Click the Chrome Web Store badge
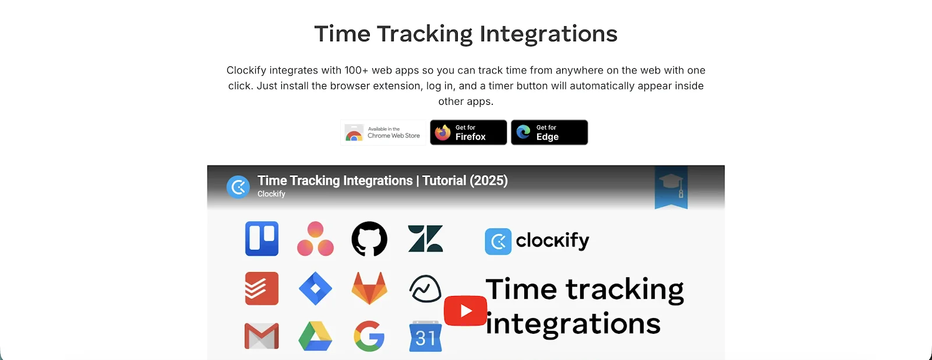pos(383,133)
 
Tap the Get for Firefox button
pos(468,133)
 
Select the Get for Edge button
pos(549,133)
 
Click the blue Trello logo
pos(262,239)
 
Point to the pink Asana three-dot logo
pos(315,239)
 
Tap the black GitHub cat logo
pos(369,239)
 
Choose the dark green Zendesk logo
pos(425,239)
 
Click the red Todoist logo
pos(262,288)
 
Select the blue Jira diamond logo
pos(315,288)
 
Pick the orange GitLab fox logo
pos(369,288)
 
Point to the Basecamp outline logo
pos(425,288)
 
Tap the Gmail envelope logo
pos(262,337)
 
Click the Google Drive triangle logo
pos(315,337)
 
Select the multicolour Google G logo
pos(369,337)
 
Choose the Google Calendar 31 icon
pos(425,337)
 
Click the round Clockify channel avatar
pos(238,187)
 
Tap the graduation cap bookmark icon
pos(671,187)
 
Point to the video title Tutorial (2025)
pos(465,181)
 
